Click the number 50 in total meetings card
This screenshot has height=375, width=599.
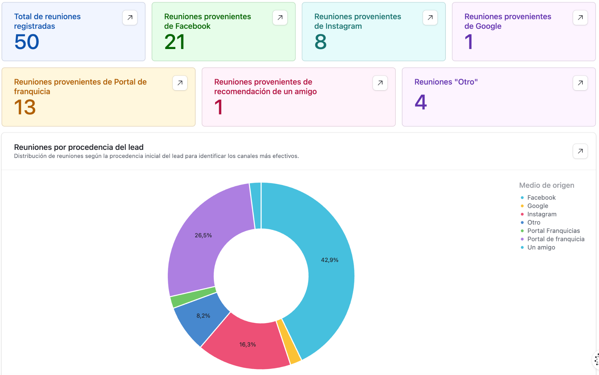27,42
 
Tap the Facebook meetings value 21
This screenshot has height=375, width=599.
175,42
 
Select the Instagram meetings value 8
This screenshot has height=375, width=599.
320,42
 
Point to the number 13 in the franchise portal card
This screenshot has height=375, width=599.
25,107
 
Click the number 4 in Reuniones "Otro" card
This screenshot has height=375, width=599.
421,102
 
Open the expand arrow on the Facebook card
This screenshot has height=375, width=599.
280,17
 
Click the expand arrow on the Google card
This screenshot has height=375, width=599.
580,17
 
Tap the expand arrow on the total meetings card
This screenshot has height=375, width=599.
130,17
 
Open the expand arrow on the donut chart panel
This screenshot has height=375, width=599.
580,151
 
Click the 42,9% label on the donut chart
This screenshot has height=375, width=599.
329,260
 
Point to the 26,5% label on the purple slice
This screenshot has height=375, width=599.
203,235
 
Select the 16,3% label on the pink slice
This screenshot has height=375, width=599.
247,344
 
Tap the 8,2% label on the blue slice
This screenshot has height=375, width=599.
203,316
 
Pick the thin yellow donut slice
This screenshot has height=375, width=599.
289,342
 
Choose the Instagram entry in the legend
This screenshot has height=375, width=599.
542,214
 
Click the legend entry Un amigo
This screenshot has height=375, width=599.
541,247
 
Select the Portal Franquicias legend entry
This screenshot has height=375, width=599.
553,231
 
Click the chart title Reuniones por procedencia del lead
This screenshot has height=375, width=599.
79,147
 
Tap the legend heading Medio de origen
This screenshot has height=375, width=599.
547,185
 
